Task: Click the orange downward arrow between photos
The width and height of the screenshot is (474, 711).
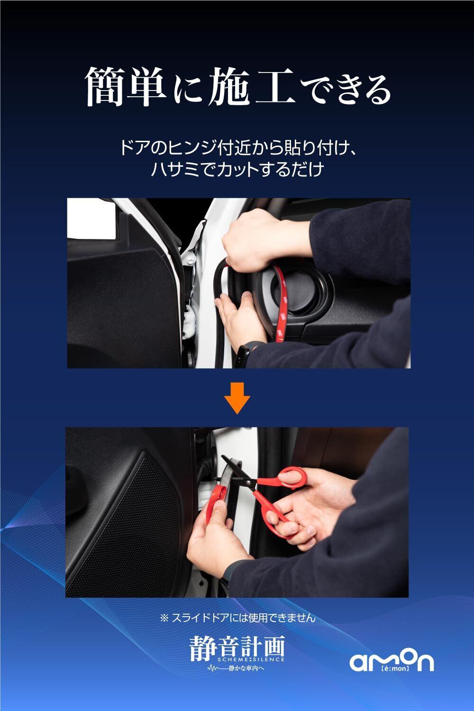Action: point(237,398)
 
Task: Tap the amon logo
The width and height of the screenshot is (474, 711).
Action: point(392,661)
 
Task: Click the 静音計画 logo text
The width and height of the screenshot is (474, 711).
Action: point(237,647)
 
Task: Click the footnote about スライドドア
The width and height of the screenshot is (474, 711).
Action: point(237,618)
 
